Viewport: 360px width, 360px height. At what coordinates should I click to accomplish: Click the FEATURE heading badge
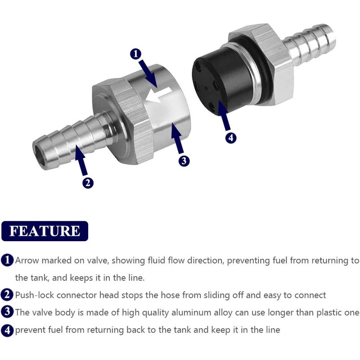45,231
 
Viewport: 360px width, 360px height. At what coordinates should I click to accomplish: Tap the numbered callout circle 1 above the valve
136,54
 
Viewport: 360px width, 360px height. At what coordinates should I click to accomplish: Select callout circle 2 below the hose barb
88,183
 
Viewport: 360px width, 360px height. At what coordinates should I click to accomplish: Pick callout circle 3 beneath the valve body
184,161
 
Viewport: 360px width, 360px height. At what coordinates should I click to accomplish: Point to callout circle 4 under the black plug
231,138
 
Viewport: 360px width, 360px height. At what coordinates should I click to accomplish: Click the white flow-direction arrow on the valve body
159,95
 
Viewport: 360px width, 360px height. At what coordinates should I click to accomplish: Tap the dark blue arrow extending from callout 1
148,73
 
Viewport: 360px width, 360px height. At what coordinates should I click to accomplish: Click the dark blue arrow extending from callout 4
224,116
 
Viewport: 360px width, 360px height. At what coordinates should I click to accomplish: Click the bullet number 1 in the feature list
7,260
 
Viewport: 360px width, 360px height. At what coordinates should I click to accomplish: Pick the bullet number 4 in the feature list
7,330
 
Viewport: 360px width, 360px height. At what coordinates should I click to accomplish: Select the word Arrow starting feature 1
27,261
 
